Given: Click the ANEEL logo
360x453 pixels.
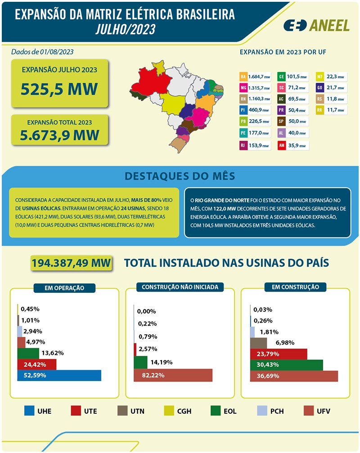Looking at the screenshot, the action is tap(316, 26).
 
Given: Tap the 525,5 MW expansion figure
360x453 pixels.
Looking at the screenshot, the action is tap(59, 89).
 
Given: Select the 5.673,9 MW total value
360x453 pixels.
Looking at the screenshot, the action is tap(59, 135).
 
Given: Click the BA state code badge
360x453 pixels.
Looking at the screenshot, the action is tap(243, 76).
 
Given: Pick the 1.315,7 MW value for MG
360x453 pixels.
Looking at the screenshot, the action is tap(259, 88).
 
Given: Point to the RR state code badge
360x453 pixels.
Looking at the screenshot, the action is tap(319, 110).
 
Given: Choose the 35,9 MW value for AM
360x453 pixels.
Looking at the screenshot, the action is tap(297, 146).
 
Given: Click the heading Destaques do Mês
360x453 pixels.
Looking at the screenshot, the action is tap(180, 176).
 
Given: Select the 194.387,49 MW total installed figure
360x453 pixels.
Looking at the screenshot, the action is tap(71, 263).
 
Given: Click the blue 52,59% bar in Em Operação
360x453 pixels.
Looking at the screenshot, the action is tap(59, 376).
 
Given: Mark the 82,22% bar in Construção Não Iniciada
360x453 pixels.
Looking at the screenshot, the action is tap(173, 375).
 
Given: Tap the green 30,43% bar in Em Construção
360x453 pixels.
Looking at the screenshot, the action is tap(286, 365).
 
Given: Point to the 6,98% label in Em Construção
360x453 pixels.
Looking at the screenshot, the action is tap(285, 343).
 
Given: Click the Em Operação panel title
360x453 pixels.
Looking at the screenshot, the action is tap(64, 288).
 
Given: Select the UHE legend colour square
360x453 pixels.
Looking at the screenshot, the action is tap(29, 411).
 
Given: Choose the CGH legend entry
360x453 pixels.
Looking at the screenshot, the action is tap(178, 411).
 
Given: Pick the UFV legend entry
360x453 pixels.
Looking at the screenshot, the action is tap(317, 411).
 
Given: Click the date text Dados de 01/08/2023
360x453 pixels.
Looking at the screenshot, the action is tap(42, 52).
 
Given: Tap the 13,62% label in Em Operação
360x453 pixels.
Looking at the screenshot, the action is tap(53, 353).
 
